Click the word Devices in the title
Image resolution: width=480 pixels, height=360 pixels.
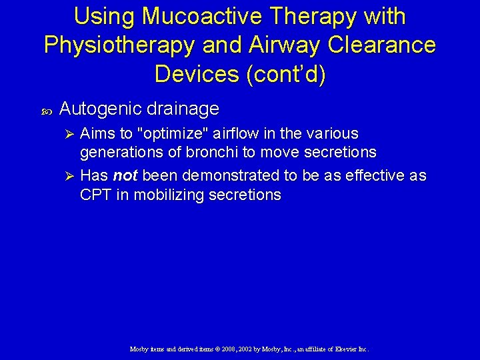point(197,73)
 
